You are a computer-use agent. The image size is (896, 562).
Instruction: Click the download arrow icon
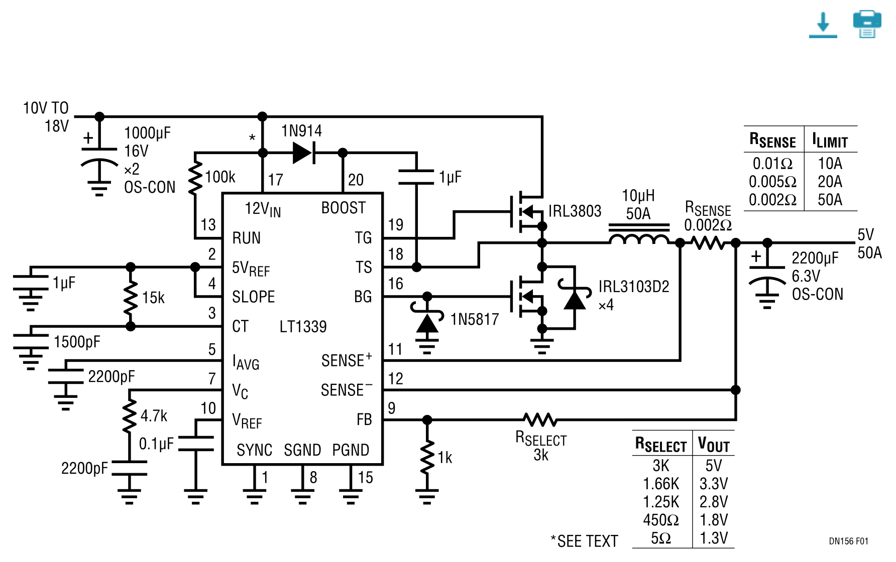pos(823,25)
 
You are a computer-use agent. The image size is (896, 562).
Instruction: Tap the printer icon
pos(867,24)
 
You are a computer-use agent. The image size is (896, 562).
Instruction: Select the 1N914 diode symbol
pos(304,153)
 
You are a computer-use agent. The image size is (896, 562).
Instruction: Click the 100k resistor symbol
pos(195,178)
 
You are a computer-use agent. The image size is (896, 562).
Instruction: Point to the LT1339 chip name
pos(303,327)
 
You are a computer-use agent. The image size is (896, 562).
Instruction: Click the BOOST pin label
pos(344,208)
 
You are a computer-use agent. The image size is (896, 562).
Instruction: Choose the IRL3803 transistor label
pos(575,211)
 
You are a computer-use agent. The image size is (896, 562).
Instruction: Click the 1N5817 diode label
pos(475,319)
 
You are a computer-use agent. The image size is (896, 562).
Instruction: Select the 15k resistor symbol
pos(131,298)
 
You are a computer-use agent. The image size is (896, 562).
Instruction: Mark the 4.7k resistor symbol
pos(130,416)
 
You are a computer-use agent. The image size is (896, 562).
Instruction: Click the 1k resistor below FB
pos(427,457)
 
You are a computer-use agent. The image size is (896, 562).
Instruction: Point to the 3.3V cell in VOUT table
pos(714,484)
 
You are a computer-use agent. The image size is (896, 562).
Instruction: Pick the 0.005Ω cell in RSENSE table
pos(772,182)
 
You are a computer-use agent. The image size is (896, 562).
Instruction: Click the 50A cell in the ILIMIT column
pos(830,200)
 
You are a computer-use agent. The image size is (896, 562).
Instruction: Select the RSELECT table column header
pos(660,445)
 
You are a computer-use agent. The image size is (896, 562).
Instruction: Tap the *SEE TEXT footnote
pos(584,541)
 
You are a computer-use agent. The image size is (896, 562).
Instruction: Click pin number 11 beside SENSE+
pos(395,349)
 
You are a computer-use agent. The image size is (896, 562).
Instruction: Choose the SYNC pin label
pos(255,450)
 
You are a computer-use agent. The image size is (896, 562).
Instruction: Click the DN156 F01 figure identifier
pos(848,541)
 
